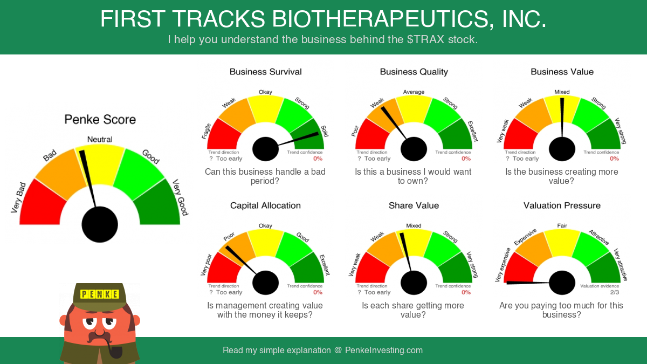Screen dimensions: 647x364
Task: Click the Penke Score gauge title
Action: click(x=100, y=120)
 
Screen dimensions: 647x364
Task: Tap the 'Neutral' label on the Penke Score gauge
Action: click(x=100, y=140)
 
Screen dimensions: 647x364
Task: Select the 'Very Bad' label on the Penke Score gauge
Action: click(x=18, y=198)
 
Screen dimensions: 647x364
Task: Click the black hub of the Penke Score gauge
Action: click(x=100, y=224)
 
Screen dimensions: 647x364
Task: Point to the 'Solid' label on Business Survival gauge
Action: click(x=325, y=131)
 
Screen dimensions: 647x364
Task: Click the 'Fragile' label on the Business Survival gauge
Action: click(x=206, y=131)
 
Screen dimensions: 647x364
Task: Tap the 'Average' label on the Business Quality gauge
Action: click(x=414, y=92)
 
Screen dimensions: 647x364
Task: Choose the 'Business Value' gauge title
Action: click(x=562, y=72)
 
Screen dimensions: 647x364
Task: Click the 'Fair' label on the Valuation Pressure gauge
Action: click(x=562, y=225)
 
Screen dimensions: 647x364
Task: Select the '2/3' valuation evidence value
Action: click(x=615, y=292)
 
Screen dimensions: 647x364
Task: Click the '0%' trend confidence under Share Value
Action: click(x=466, y=292)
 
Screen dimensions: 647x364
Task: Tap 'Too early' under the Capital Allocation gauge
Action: click(x=229, y=292)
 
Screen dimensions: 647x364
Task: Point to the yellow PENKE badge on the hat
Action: click(x=99, y=294)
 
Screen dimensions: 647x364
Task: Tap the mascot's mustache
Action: click(x=99, y=337)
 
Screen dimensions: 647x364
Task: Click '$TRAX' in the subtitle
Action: click(x=425, y=39)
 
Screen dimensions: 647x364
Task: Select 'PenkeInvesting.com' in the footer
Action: click(x=384, y=351)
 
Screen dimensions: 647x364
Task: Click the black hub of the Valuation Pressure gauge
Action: click(x=562, y=283)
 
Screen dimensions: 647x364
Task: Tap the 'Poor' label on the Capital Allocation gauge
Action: click(x=229, y=237)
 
